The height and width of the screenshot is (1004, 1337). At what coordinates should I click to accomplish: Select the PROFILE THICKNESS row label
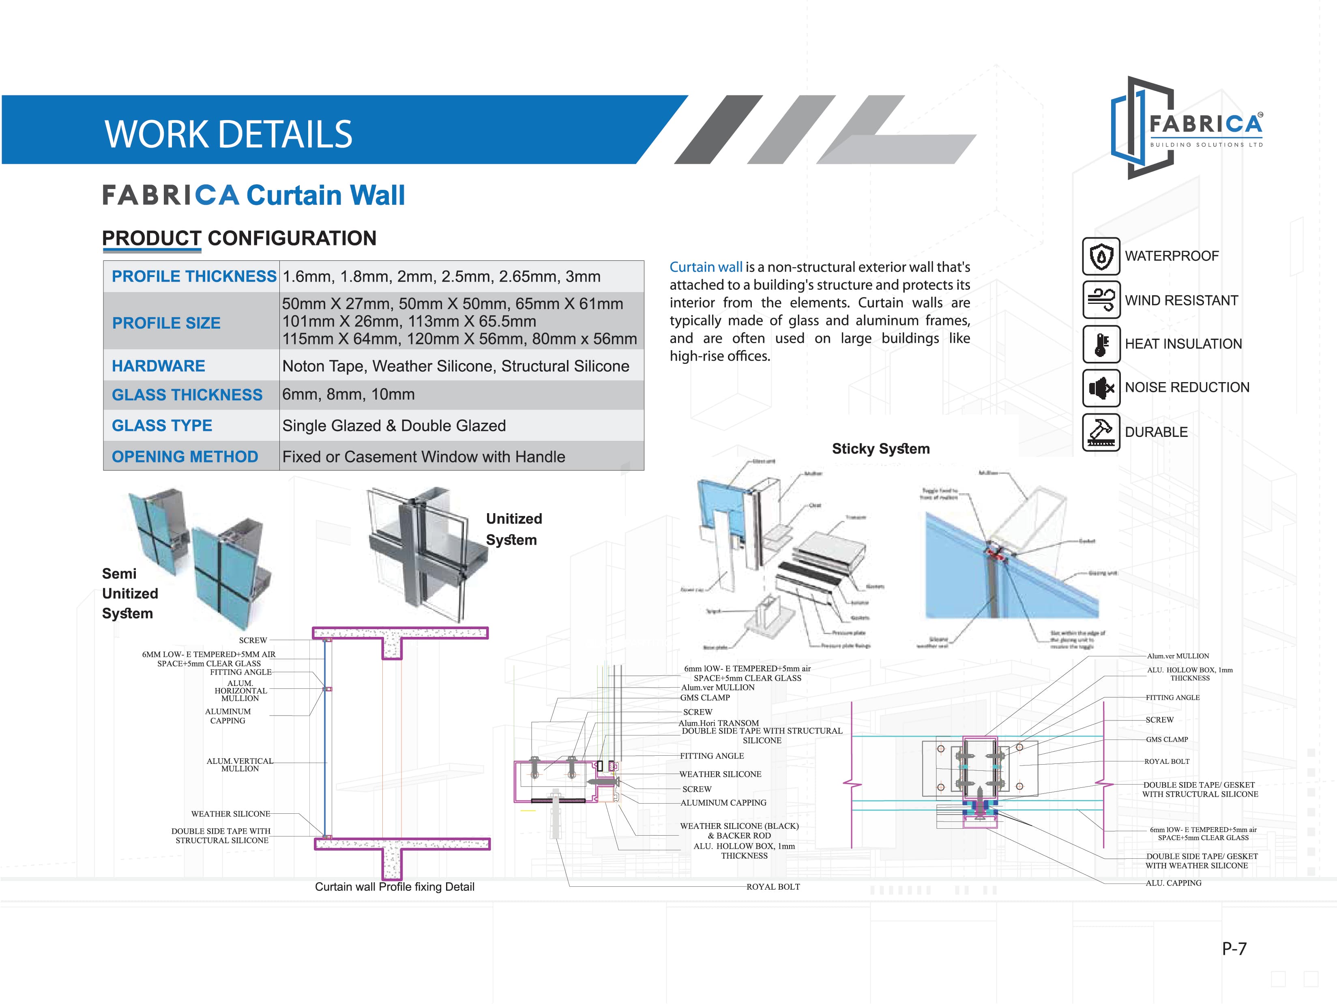click(193, 276)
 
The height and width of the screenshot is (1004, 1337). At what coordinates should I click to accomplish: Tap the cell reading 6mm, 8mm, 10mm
click(348, 395)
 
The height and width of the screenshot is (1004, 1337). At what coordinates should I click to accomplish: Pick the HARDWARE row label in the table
click(159, 365)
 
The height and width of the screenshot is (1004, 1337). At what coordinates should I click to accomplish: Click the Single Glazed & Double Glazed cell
click(393, 426)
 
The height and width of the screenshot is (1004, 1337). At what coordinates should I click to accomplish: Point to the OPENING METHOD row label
click(185, 456)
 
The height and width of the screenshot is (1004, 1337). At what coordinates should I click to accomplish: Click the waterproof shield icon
click(1101, 257)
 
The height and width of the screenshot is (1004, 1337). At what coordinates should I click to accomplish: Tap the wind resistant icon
click(1101, 300)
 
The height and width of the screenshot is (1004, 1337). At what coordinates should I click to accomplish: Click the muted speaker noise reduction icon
click(1101, 387)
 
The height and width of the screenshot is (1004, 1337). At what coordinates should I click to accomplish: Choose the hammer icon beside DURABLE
click(1101, 432)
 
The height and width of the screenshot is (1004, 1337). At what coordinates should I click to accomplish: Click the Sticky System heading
click(881, 449)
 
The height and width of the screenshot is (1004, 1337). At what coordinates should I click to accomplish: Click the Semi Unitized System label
click(129, 593)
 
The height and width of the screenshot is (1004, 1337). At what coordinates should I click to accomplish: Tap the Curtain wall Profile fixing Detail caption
click(394, 887)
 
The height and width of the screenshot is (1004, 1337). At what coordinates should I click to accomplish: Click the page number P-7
click(1234, 948)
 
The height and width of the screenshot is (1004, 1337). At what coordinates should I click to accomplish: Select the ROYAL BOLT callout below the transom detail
click(773, 887)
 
